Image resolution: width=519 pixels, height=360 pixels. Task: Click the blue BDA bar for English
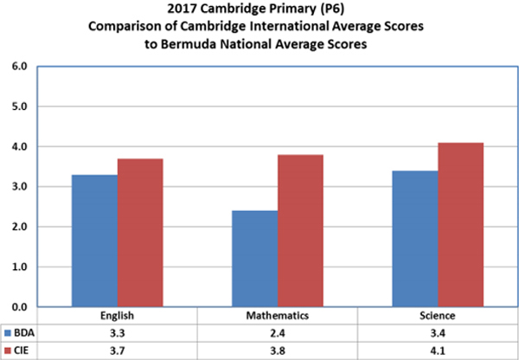pos(94,241)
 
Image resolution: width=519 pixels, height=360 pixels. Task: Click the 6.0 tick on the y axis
pos(19,67)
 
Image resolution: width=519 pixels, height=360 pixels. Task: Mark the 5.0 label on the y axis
pos(19,106)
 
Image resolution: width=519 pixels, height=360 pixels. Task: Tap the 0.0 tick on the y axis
pos(19,307)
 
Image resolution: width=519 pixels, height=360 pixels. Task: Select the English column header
pos(117,317)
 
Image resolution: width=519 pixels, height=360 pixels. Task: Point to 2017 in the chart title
pos(184,10)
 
